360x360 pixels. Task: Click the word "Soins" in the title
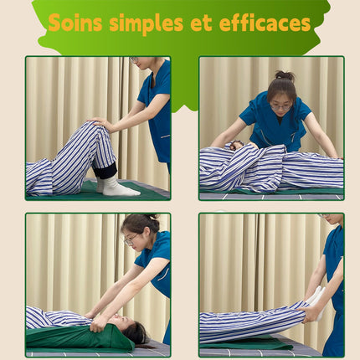pos(75,23)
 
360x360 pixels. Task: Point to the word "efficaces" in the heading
pos(265,23)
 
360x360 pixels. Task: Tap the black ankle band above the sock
pos(105,170)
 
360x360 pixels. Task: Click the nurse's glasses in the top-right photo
pos(281,107)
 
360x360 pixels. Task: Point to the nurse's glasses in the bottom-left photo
pos(131,239)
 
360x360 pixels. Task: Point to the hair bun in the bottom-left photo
pos(152,217)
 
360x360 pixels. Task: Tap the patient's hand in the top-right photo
pos(237,145)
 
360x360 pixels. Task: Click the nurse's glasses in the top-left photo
pos(134,59)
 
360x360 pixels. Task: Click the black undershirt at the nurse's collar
pos(280,120)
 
